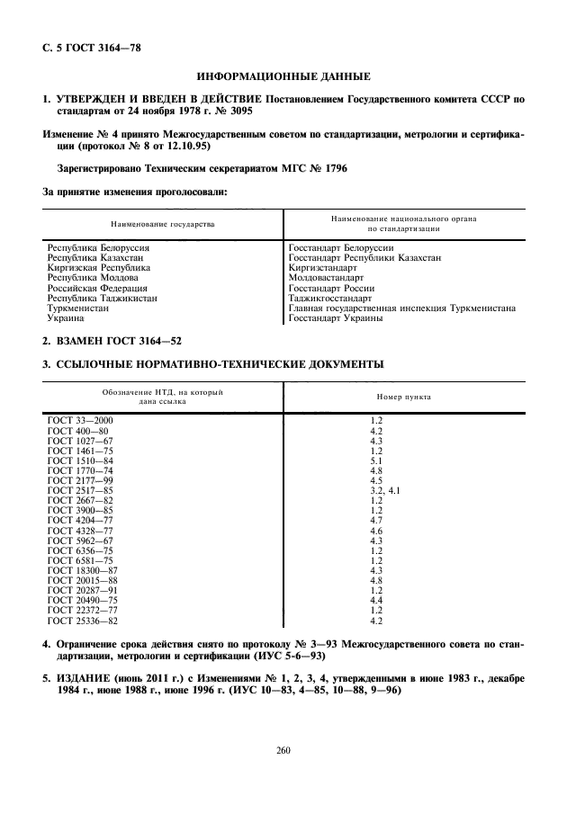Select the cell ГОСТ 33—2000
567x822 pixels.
tap(80, 420)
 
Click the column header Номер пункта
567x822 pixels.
tap(402, 397)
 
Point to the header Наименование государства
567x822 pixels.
tap(163, 224)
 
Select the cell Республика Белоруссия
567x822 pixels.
tap(98, 246)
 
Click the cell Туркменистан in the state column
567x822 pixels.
tap(77, 308)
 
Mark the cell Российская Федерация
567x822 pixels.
tap(99, 288)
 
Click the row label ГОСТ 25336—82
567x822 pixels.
tap(82, 621)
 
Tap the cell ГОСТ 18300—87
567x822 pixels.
tap(82, 570)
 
